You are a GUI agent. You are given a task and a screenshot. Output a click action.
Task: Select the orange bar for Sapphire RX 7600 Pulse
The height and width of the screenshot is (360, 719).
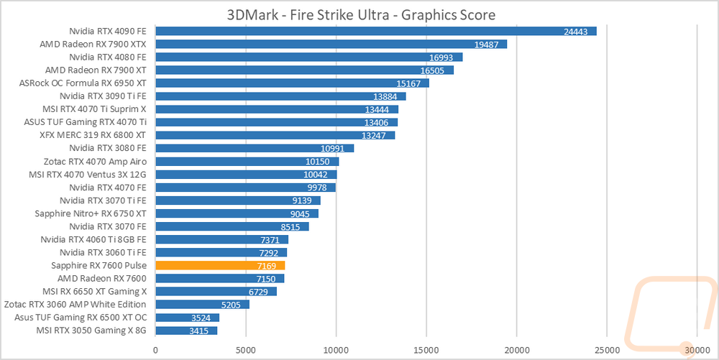(x=220, y=265)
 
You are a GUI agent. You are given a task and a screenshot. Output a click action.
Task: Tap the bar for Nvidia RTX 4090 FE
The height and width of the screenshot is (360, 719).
(x=375, y=31)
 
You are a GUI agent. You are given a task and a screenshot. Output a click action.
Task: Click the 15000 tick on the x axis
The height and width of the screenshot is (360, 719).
(x=426, y=350)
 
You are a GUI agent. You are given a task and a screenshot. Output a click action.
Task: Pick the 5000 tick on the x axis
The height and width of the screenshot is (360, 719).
(x=246, y=350)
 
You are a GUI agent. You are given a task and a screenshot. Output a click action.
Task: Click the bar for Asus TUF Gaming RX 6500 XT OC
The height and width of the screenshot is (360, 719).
(x=187, y=317)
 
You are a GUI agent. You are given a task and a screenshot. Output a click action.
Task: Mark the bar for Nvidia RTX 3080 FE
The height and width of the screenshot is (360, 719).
(x=255, y=148)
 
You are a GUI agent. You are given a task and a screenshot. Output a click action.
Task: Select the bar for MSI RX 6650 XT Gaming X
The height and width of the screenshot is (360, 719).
(x=216, y=291)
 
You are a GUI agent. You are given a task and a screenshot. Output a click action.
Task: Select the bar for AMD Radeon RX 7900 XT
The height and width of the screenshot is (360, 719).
(x=304, y=70)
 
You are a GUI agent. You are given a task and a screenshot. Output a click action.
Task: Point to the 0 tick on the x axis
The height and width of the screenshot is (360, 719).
(x=155, y=350)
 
